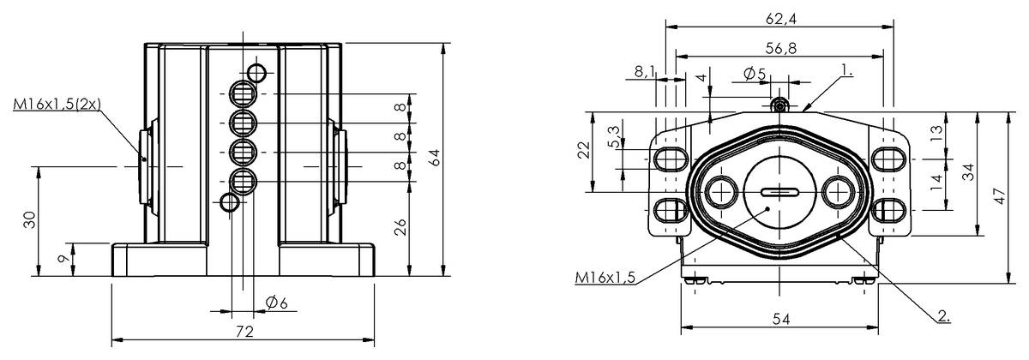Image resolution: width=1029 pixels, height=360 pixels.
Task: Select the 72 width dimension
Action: (244, 331)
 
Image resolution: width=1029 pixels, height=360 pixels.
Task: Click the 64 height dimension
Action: (435, 158)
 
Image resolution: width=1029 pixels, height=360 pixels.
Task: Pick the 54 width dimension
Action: (780, 319)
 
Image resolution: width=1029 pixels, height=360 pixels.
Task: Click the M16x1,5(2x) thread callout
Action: (57, 104)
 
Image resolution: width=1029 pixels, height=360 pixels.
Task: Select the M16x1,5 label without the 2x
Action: (605, 277)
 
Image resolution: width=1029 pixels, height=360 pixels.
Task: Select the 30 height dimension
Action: (29, 219)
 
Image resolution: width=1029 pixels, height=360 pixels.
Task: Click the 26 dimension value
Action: (401, 227)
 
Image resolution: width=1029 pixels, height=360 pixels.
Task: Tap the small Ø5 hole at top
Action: (779, 105)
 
